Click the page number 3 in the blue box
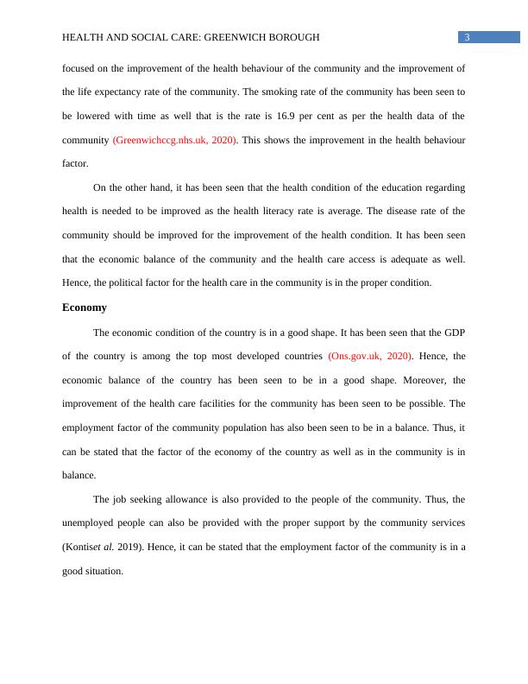tap(467, 37)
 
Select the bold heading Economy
tap(85, 307)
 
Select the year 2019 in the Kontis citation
tap(131, 547)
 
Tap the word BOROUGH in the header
tap(293, 37)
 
